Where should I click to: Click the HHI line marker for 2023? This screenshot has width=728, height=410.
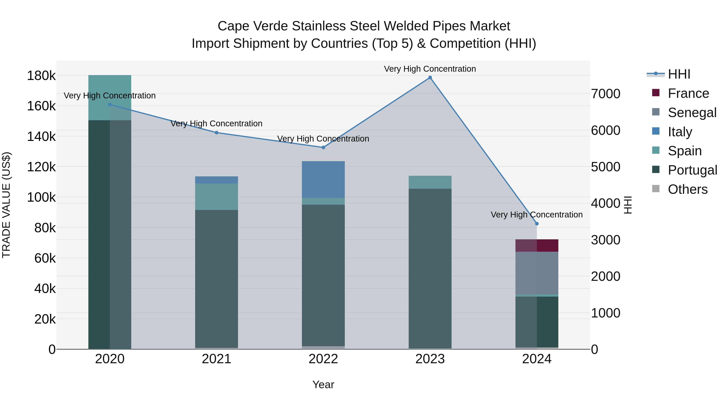(430, 78)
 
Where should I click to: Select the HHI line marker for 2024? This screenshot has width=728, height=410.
(537, 224)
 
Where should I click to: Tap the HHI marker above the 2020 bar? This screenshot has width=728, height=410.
(110, 104)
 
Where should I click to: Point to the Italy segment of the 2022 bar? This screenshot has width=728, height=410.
(323, 179)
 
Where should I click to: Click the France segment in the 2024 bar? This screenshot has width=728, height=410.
(537, 245)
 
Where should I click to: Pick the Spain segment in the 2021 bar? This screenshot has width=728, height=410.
(216, 196)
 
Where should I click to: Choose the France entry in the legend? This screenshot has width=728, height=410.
(688, 93)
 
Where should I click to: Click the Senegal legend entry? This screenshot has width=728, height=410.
(692, 113)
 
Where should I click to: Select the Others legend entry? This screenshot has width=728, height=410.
(687, 189)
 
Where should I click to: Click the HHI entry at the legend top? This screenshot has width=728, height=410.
(679, 74)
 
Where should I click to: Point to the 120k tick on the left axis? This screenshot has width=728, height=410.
(41, 167)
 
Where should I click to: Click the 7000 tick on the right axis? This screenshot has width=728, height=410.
(606, 94)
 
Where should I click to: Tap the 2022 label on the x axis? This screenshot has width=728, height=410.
(323, 359)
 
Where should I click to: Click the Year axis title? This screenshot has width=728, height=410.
(323, 384)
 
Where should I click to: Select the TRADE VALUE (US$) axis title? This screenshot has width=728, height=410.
(6, 205)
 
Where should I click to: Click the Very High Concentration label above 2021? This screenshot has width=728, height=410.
(216, 124)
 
